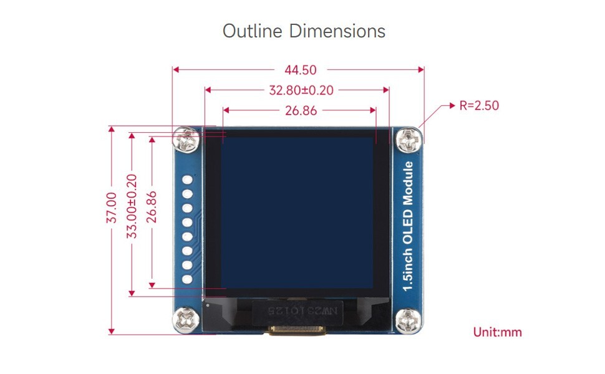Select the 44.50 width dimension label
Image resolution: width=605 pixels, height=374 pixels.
[299, 70]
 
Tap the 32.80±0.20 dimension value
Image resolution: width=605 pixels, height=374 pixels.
[301, 90]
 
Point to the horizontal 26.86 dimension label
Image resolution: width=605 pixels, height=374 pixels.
[301, 111]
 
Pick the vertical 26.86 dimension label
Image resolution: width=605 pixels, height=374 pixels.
[152, 206]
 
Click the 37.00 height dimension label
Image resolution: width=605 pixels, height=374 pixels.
[111, 208]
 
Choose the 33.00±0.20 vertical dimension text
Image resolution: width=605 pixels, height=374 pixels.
[131, 206]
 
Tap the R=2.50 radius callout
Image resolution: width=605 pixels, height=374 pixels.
[479, 105]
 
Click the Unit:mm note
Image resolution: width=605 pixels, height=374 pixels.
[497, 332]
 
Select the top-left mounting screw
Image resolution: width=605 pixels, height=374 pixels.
[186, 140]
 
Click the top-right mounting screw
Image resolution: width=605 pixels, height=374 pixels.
[409, 140]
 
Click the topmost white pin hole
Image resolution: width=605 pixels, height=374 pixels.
[187, 181]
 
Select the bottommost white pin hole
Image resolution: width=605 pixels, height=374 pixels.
[187, 280]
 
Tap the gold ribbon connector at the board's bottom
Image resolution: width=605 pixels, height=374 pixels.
[297, 330]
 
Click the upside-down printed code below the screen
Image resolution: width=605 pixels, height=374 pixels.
[297, 310]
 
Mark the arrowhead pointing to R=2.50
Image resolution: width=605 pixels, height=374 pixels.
[452, 106]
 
